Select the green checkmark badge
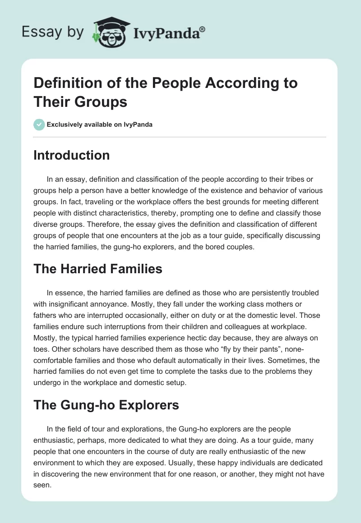[39, 124]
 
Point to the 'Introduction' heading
[72, 155]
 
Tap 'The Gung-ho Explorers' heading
[106, 405]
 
